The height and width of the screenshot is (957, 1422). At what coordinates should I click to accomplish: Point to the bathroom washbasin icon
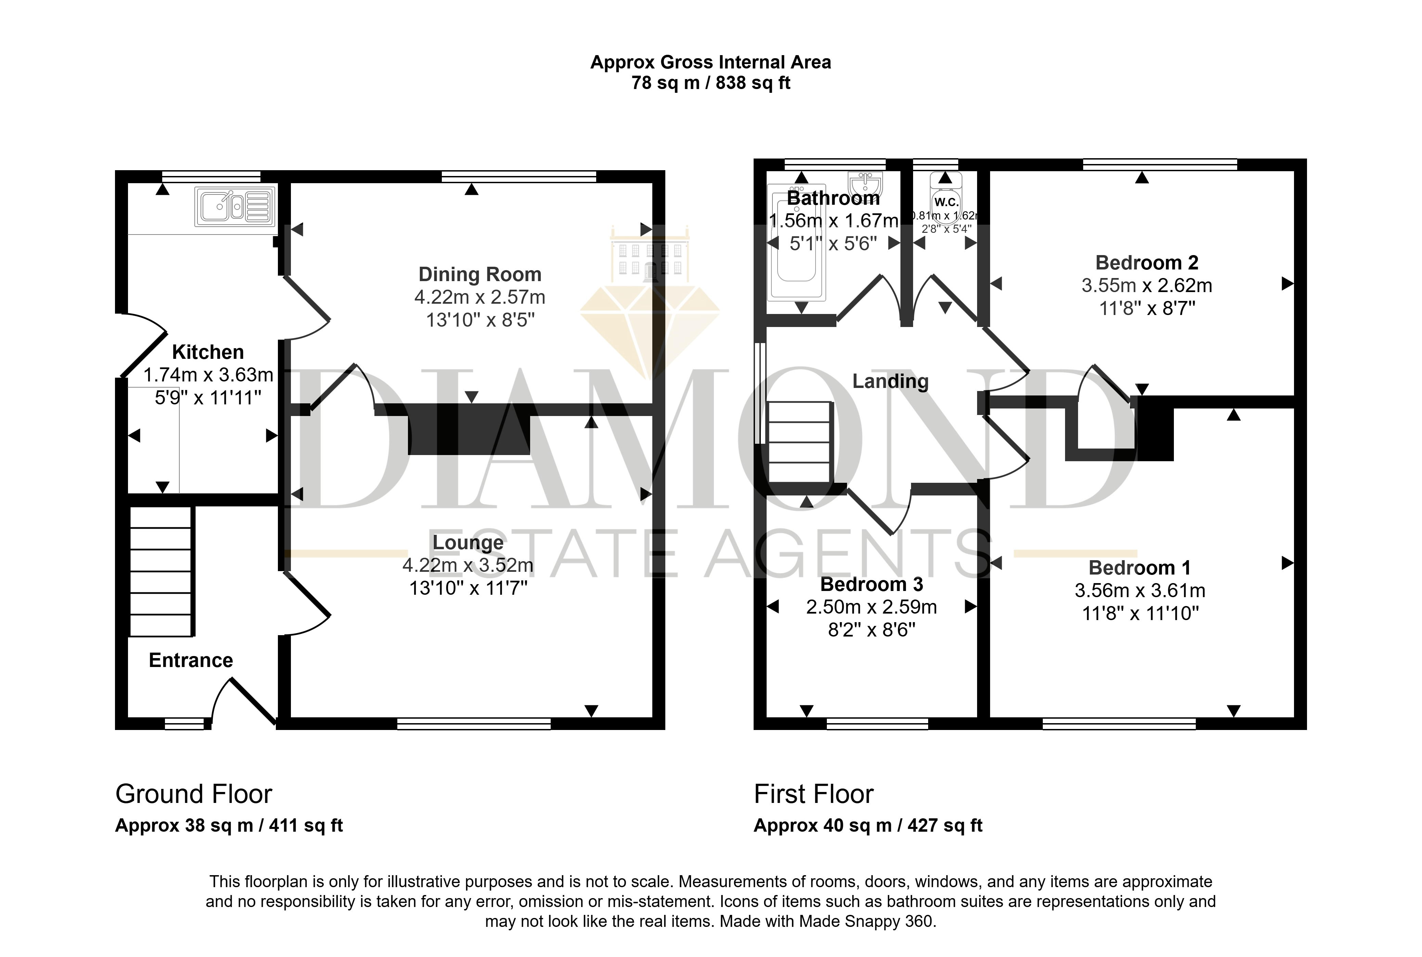865,184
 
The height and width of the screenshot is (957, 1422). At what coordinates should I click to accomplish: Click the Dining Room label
480,275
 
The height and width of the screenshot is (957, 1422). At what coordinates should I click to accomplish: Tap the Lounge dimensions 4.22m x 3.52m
468,566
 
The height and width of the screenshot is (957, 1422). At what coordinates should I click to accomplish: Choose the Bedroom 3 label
872,584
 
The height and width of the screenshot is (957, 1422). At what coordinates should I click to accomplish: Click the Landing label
890,381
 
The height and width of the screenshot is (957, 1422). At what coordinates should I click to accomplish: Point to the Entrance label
191,660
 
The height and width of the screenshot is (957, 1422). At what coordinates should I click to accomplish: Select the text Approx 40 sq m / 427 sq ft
868,826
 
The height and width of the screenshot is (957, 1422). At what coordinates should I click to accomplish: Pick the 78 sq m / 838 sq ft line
711,83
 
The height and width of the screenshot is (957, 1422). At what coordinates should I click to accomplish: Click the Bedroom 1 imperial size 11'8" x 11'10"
1140,613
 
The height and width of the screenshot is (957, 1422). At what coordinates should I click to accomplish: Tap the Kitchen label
208,352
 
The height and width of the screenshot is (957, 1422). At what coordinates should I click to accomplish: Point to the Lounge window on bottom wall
474,724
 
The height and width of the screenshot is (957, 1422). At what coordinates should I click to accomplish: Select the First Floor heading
814,794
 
